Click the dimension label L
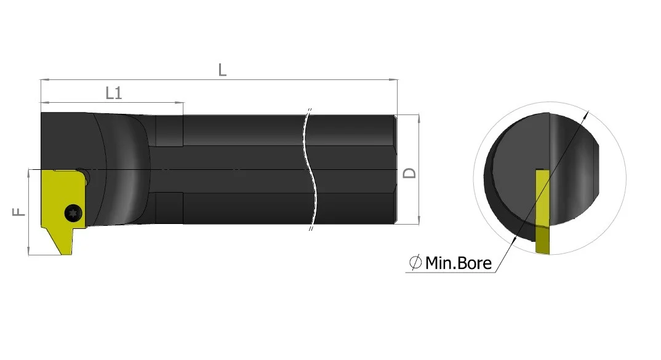click(x=222, y=70)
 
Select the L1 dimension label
click(x=114, y=93)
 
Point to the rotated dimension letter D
click(x=409, y=173)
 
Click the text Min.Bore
click(x=459, y=263)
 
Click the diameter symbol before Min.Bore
click(x=415, y=263)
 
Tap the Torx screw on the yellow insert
click(x=73, y=212)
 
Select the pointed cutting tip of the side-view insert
click(x=66, y=254)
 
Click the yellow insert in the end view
click(x=543, y=212)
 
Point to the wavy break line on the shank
click(x=310, y=169)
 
